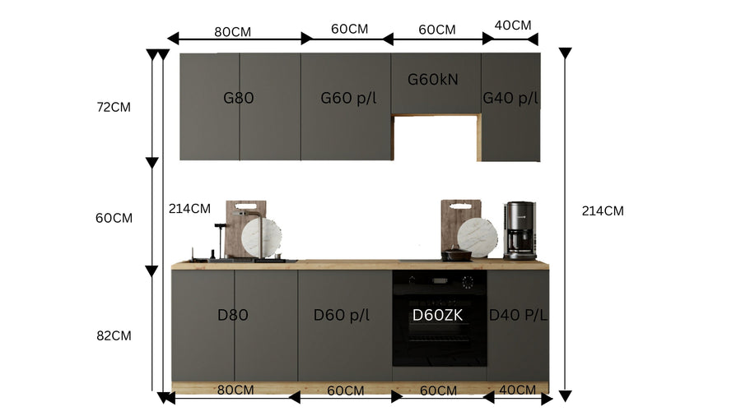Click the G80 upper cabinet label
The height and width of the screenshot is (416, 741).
pos(238,98)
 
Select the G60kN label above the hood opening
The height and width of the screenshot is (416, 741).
pos(433,79)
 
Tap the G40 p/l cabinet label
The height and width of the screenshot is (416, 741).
pos(510,98)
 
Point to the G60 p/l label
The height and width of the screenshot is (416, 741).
pos(349,98)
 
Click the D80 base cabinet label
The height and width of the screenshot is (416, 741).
pos(232,315)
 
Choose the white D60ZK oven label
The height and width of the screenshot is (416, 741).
pos(438,315)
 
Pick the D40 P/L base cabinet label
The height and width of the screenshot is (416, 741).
pos(518,315)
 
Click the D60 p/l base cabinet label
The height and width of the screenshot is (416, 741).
pos(341,315)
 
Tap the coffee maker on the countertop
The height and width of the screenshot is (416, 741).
pos(520,231)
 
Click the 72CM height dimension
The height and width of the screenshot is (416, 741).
pos(114,107)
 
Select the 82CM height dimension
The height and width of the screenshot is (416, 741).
pos(114,335)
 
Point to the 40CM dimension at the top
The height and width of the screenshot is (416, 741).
pos(513,25)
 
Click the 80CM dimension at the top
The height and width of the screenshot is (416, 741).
pos(232,31)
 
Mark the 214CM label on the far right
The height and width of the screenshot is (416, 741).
pos(603,210)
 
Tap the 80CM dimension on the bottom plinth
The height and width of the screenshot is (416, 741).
pos(235,390)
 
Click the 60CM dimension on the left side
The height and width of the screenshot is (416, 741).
pos(114,218)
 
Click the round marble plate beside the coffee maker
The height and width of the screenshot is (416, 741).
pos(478,238)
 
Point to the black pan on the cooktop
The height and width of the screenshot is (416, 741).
pos(456,255)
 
